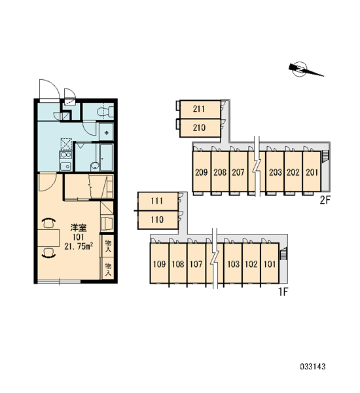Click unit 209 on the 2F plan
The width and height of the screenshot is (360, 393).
click(202, 172)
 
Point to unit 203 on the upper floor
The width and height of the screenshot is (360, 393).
click(275, 172)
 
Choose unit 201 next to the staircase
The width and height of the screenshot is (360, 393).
click(312, 172)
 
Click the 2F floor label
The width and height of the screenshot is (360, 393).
click(325, 200)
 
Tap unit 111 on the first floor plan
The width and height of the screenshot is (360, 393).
click(158, 201)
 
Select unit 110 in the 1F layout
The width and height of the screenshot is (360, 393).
click(158, 220)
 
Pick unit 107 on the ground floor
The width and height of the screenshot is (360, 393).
click(196, 264)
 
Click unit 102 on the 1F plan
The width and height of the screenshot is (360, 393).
click(251, 264)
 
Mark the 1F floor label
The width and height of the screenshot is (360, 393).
click(283, 291)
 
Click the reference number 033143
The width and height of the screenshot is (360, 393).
click(313, 367)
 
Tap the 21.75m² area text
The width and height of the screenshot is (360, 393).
click(79, 247)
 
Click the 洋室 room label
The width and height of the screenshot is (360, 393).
click(78, 228)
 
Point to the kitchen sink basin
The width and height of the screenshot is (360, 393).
click(65, 166)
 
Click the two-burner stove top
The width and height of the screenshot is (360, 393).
click(65, 155)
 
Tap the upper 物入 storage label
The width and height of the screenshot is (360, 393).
click(108, 246)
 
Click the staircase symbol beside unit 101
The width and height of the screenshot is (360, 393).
click(283, 253)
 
